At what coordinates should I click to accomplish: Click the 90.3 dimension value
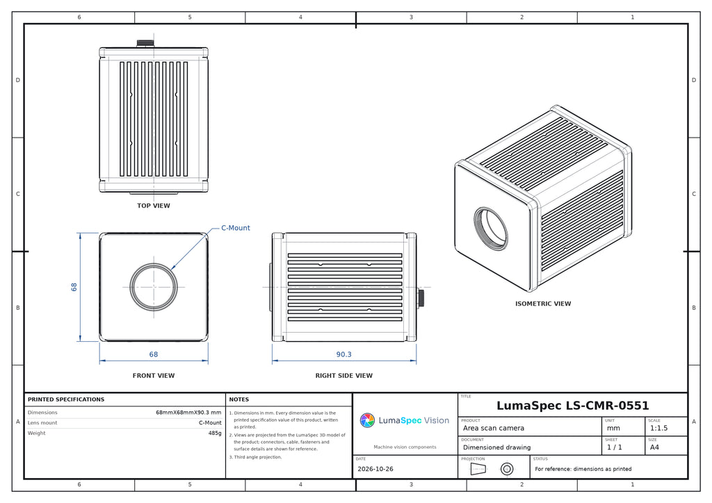tap(343, 354)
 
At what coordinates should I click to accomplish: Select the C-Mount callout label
tap(235, 228)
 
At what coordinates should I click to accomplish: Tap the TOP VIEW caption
tap(154, 206)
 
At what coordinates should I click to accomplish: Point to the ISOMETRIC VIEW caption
tap(542, 304)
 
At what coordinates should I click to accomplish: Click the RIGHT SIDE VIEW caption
tap(343, 376)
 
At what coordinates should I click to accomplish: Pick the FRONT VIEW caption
tap(154, 376)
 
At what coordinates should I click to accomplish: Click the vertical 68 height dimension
tap(74, 287)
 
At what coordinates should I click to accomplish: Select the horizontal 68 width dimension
tap(154, 354)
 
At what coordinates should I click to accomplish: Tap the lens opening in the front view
tap(154, 287)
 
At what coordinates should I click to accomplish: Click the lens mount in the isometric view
tap(491, 229)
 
